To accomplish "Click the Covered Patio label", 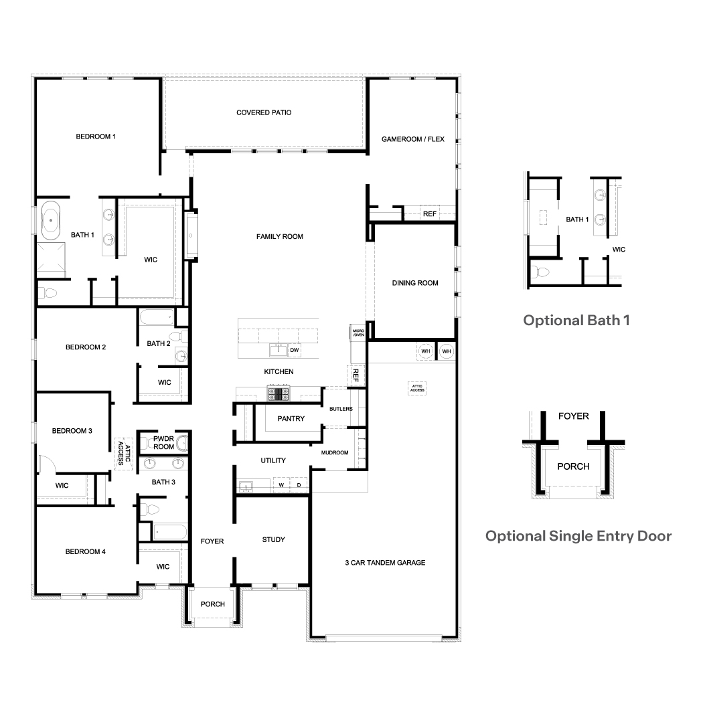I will click(x=264, y=112).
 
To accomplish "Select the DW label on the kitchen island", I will click(x=294, y=350).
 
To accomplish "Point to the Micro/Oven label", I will click(x=358, y=333).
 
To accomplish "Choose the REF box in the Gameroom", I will click(x=429, y=214).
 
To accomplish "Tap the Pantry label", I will click(x=291, y=419).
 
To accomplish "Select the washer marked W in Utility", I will click(x=281, y=484).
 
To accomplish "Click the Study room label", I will click(x=273, y=539).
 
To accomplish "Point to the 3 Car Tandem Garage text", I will click(x=385, y=563).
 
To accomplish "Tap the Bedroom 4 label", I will click(x=85, y=551).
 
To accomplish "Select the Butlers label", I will click(x=341, y=409).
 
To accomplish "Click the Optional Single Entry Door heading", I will click(x=578, y=535).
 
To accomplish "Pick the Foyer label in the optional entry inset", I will click(x=573, y=416).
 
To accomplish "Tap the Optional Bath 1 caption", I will click(x=576, y=320).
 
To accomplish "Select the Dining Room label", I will click(x=415, y=283).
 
